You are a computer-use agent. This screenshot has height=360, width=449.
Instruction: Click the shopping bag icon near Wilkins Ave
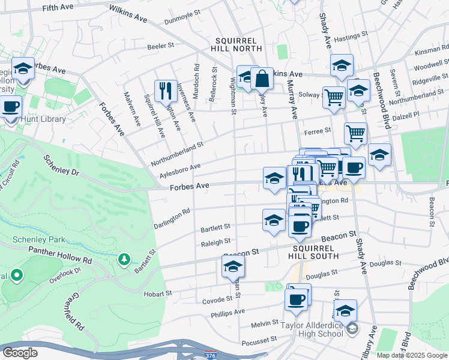262,79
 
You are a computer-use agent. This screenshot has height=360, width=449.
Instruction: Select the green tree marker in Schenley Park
124,259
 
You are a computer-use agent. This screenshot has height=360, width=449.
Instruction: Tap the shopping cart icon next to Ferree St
355,134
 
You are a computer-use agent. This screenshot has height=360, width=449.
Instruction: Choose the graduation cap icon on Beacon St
233,267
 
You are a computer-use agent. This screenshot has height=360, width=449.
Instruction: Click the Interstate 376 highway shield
210,355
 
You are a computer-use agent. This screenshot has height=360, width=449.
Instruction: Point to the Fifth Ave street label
58,8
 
